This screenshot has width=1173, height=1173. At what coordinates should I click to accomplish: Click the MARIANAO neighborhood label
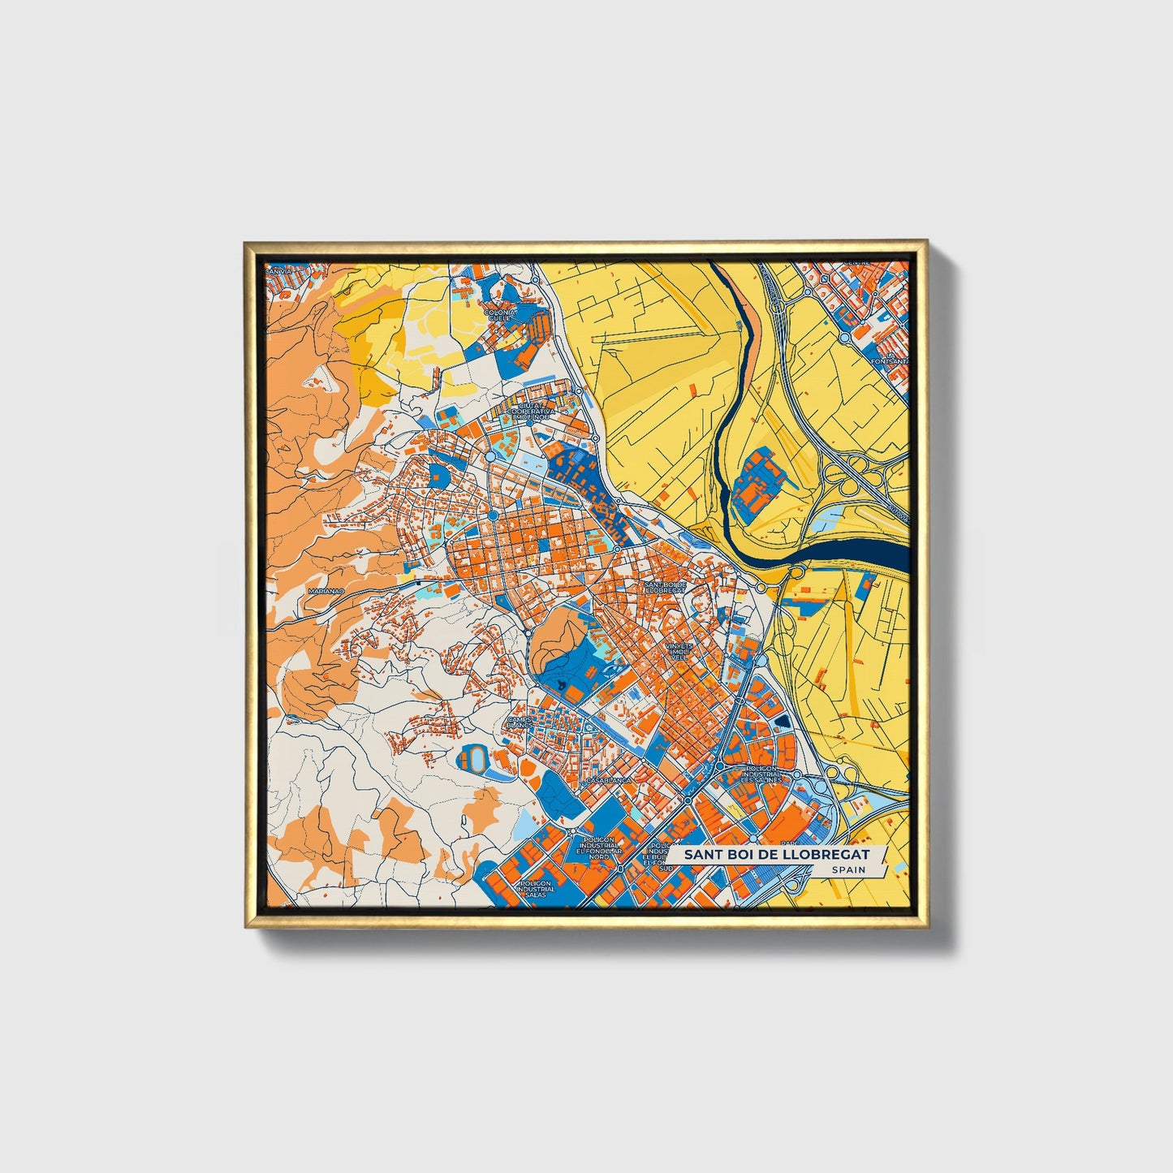pyautogui.click(x=326, y=592)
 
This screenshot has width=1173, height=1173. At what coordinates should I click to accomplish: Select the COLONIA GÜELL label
pyautogui.click(x=500, y=315)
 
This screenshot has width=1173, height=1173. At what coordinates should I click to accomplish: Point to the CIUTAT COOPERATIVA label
pyautogui.click(x=530, y=412)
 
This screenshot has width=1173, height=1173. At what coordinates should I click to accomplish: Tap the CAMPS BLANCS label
pyautogui.click(x=520, y=722)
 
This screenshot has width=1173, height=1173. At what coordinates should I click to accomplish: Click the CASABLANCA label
pyautogui.click(x=608, y=780)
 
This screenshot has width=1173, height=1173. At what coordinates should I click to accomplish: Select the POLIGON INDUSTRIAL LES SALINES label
pyautogui.click(x=761, y=774)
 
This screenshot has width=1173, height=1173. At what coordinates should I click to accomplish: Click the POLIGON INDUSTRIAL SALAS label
pyautogui.click(x=536, y=888)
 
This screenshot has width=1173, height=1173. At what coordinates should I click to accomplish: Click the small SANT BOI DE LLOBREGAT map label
pyautogui.click(x=665, y=587)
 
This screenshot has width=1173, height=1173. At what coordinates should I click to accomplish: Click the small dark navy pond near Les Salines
pyautogui.click(x=782, y=721)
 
